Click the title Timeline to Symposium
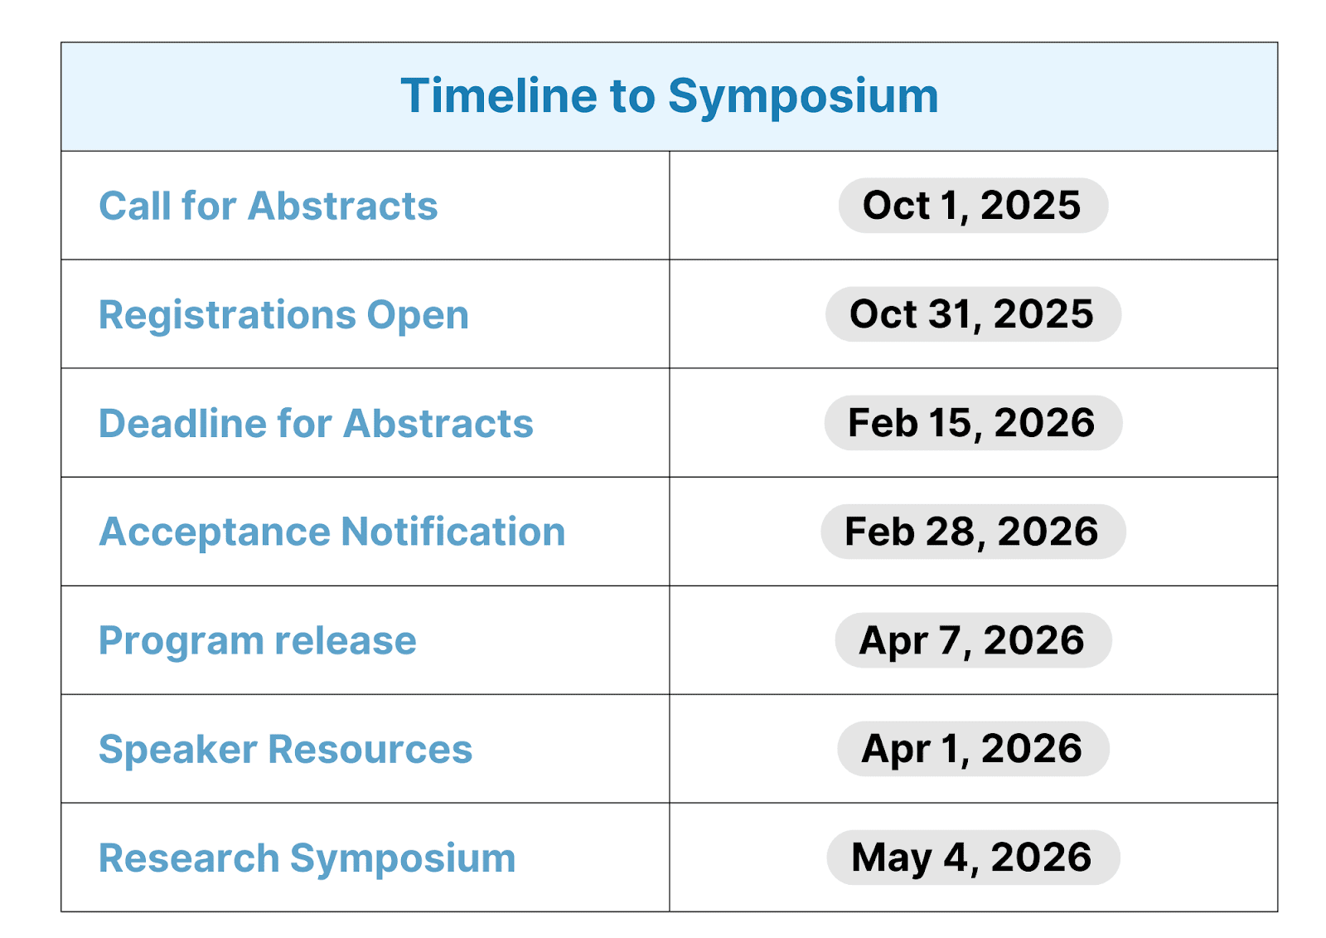point(670,96)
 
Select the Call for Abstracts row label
point(269,207)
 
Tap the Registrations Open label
point(283,315)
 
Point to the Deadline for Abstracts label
point(316,424)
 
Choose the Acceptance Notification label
point(332,532)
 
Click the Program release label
point(258,641)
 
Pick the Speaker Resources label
point(285,750)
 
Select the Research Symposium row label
point(307,858)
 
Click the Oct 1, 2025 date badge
point(973,206)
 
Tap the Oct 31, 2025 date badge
point(973,314)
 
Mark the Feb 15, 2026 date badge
point(973,423)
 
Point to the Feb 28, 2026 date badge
point(973,532)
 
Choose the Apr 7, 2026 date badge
point(973,640)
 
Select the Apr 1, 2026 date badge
point(973,749)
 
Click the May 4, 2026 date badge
point(973,858)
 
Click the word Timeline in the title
point(499,95)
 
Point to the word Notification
point(453,531)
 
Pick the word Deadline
point(183,424)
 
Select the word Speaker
point(178,751)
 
